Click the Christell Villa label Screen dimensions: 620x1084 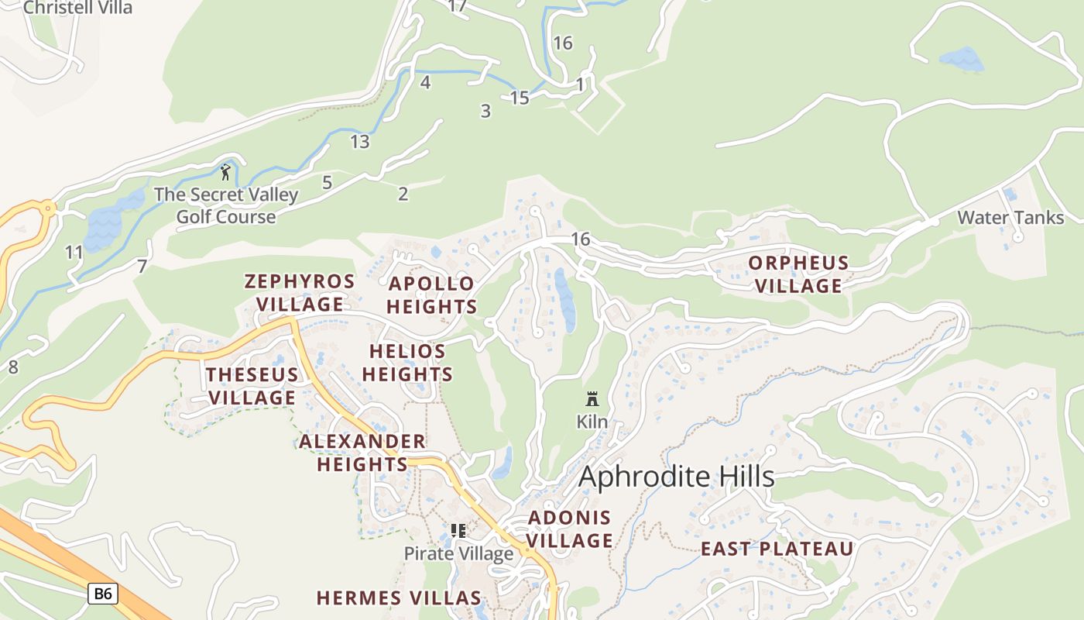coord(77,8)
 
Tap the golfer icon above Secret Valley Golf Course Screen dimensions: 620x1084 coord(225,171)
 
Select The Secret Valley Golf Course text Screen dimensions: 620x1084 coord(225,205)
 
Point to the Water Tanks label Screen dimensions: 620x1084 coord(1010,218)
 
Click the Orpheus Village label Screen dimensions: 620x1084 coord(798,274)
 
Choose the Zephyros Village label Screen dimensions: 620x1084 coord(300,292)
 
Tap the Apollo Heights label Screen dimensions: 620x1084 coord(431,295)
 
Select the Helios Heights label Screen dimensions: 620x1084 coord(407,363)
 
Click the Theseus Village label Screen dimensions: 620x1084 coord(252,386)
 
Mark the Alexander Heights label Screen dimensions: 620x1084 coord(362,453)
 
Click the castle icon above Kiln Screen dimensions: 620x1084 coord(592,399)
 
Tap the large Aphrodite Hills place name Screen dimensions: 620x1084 coord(676,477)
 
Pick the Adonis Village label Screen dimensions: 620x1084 coord(570,529)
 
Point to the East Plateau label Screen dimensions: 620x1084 coord(777,549)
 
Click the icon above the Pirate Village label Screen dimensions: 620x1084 coord(458,531)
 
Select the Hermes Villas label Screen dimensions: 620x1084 coord(399,598)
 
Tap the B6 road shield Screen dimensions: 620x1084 coord(102,594)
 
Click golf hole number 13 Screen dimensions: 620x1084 coord(359,142)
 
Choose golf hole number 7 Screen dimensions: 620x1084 coord(142,267)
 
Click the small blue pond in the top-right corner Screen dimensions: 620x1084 coord(960,59)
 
